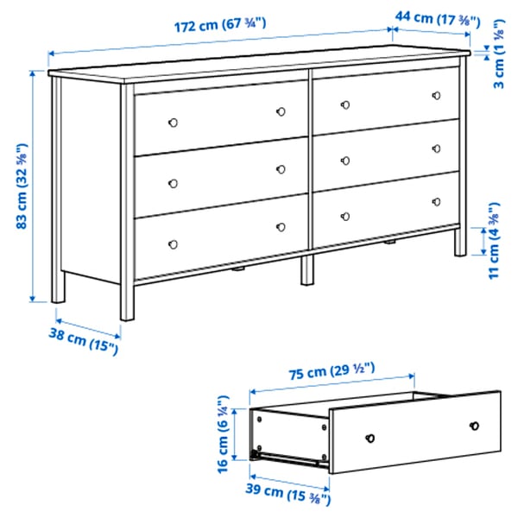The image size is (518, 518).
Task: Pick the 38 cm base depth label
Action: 82,343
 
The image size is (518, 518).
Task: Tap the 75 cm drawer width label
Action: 331,371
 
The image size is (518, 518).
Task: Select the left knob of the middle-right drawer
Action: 344,160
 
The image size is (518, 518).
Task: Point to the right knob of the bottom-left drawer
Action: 281,227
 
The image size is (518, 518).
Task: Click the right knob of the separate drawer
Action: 474,426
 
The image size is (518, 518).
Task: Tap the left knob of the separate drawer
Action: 370,437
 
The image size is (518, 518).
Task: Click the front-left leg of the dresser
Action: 128,298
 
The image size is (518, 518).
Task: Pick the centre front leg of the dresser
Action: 307,268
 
